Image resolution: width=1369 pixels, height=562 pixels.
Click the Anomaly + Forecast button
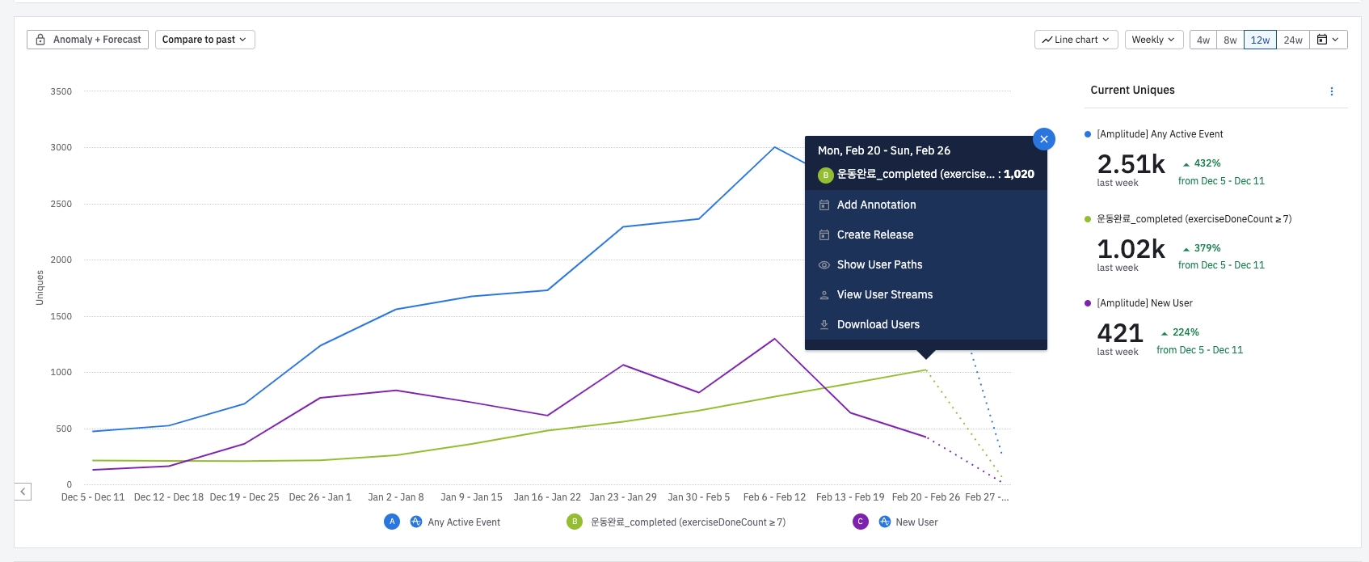tap(88, 40)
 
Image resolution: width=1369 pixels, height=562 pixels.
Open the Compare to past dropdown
tap(204, 40)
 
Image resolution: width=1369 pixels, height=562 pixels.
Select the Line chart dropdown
tap(1076, 40)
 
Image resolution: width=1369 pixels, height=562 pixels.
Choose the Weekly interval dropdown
tap(1153, 40)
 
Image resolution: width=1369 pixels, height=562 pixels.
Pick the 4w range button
tap(1203, 40)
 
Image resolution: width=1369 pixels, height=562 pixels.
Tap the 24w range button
tap(1293, 40)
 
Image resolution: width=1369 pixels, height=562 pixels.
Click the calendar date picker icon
tap(1328, 40)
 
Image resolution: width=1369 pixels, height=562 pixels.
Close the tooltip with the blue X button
tap(1043, 139)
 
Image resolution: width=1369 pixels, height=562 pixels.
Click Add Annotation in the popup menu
tap(876, 205)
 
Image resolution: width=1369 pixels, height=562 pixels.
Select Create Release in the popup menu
tap(874, 235)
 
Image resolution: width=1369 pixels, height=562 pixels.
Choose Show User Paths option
tap(879, 265)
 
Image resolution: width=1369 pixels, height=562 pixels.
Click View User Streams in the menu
tap(884, 295)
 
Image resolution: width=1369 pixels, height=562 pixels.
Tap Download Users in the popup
tap(878, 325)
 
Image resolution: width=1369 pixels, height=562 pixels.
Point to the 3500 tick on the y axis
tap(61, 92)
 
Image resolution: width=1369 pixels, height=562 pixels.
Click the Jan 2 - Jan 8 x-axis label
tap(396, 497)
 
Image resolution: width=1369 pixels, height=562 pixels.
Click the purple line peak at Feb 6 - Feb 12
tap(775, 339)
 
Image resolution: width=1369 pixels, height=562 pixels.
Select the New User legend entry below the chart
tap(916, 522)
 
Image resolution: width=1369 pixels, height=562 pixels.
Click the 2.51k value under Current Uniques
tap(1131, 164)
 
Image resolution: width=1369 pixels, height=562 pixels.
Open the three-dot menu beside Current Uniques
tap(1332, 91)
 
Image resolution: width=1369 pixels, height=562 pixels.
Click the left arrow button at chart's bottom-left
tap(23, 492)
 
